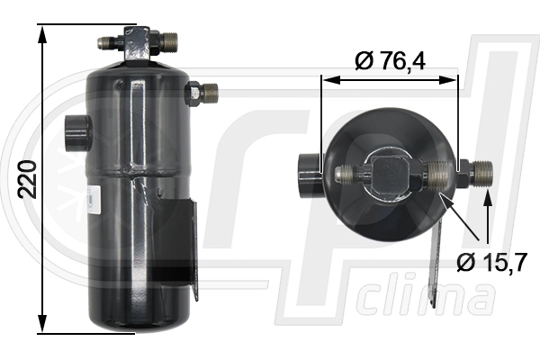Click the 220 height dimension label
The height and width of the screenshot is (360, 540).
coord(28,179)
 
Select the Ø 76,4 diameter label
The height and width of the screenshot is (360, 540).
coord(391,61)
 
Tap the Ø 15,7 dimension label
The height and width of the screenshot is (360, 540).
coord(492,262)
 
